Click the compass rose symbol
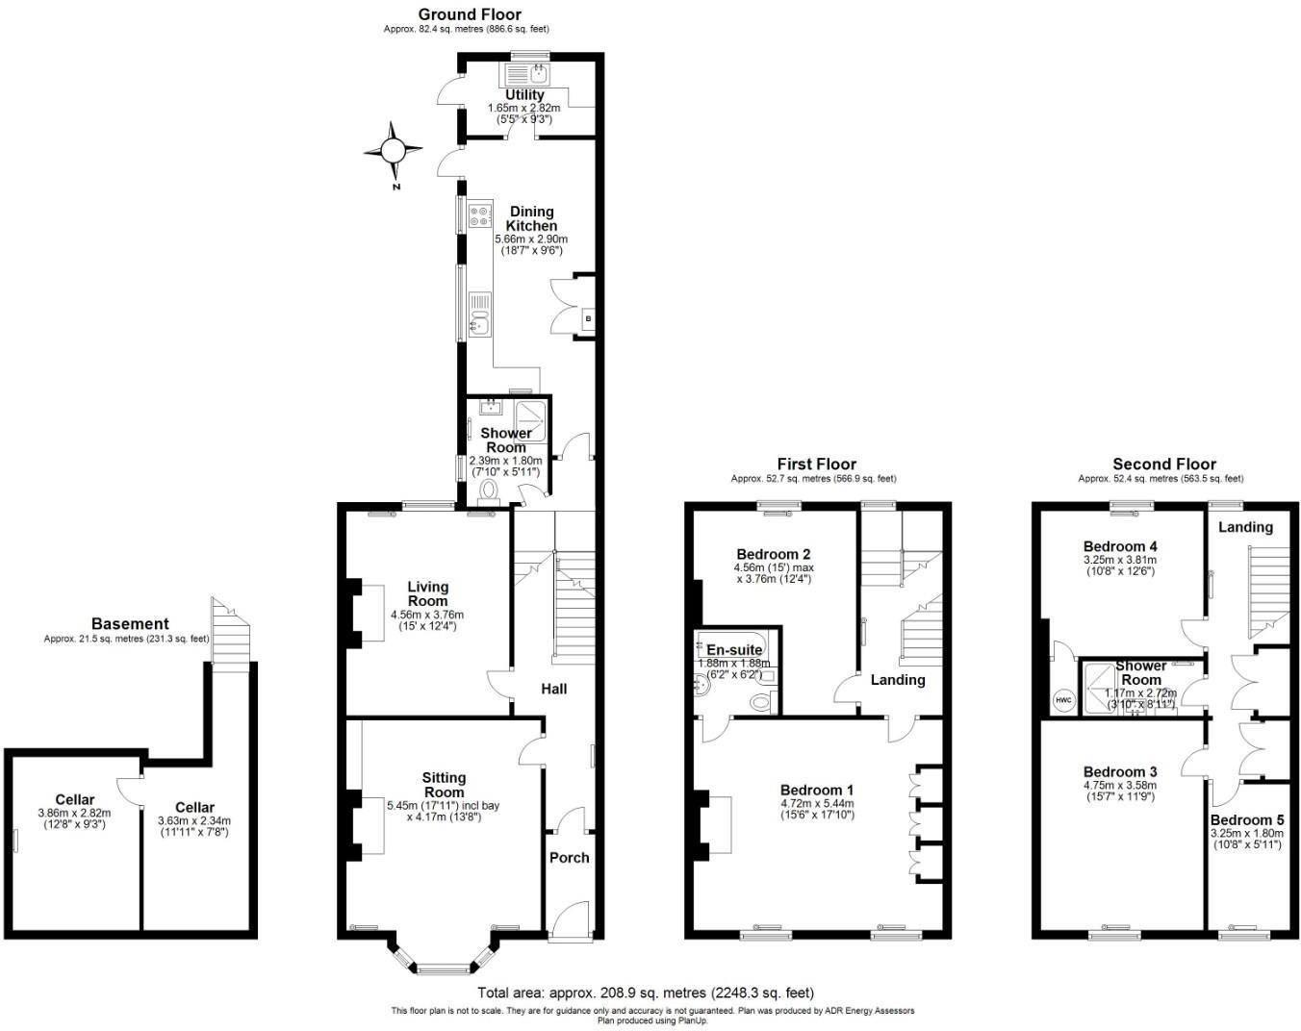(393, 151)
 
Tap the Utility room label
(524, 95)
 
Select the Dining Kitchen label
(531, 218)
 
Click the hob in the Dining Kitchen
(479, 216)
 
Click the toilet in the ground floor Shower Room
(489, 491)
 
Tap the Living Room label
(427, 593)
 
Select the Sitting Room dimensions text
(443, 811)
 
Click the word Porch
(569, 857)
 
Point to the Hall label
(553, 689)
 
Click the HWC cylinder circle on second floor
(1063, 700)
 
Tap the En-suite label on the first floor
(734, 650)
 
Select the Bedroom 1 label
(816, 791)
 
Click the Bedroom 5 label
(1246, 819)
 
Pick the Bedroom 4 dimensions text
(1119, 565)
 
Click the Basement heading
(130, 624)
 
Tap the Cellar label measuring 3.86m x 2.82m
(74, 799)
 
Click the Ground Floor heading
(470, 14)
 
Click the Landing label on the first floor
(897, 680)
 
